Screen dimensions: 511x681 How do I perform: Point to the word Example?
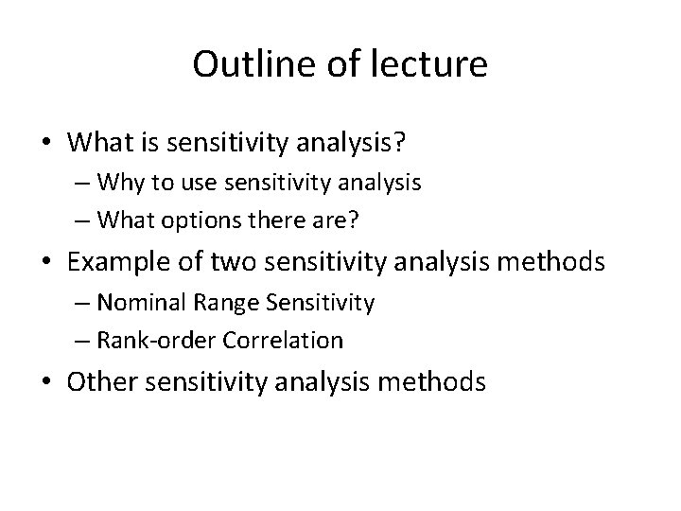pyautogui.click(x=120, y=260)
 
